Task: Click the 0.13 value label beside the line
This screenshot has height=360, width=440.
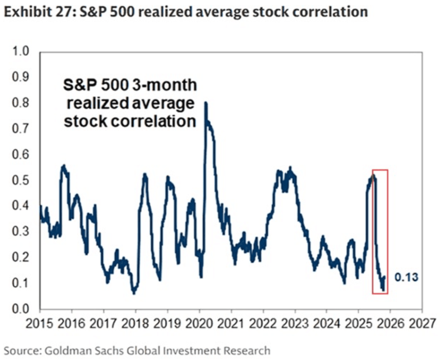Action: pyautogui.click(x=406, y=277)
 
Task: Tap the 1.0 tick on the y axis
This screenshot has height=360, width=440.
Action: pyautogui.click(x=20, y=51)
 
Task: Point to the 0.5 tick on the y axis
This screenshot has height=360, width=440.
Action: pyautogui.click(x=20, y=180)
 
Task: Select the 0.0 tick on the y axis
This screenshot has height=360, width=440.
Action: pyautogui.click(x=20, y=309)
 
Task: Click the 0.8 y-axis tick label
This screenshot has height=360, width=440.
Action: pyautogui.click(x=20, y=103)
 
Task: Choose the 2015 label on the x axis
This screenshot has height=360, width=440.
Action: pyautogui.click(x=40, y=324)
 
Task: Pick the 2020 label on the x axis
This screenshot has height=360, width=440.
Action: pyautogui.click(x=199, y=324)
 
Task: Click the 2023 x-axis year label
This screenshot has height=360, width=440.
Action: pyautogui.click(x=295, y=324)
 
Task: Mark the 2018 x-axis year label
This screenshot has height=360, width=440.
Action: pyautogui.click(x=135, y=324)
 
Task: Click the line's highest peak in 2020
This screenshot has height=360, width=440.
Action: pyautogui.click(x=206, y=103)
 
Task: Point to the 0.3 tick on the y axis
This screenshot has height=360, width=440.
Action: pyautogui.click(x=20, y=232)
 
